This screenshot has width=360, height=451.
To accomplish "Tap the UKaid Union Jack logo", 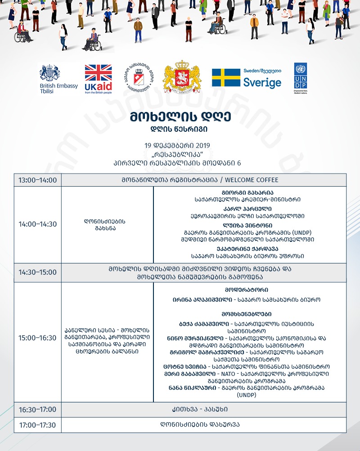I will pyautogui.click(x=98, y=79).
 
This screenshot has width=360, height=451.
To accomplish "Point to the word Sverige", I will pyautogui.click(x=262, y=82).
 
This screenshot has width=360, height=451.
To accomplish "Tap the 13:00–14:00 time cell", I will pyautogui.click(x=37, y=180).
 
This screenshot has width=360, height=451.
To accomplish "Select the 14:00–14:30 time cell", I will pyautogui.click(x=37, y=224).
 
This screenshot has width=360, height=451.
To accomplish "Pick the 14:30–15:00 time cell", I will pyautogui.click(x=37, y=272).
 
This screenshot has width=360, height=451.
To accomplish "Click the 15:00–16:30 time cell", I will pyautogui.click(x=37, y=338).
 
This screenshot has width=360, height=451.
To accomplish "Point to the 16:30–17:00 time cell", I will pyautogui.click(x=37, y=410).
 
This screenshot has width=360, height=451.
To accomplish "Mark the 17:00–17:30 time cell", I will pyautogui.click(x=37, y=425).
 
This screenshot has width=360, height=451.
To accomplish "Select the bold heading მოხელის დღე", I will pyautogui.click(x=180, y=117).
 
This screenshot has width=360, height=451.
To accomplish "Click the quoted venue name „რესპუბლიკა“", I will pyautogui.click(x=180, y=154).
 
